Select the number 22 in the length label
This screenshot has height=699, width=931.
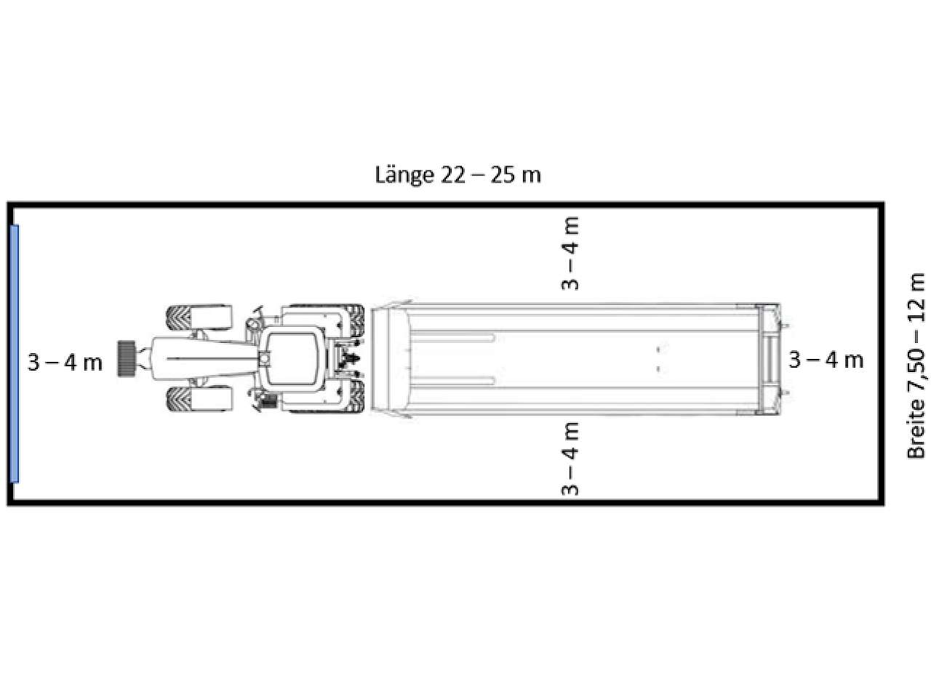click(x=453, y=175)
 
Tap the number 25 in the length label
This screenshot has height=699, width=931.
click(x=503, y=175)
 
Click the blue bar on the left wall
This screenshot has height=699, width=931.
click(x=15, y=354)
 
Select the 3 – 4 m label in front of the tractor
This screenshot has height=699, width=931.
click(x=65, y=363)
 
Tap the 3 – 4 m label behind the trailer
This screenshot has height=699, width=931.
click(x=826, y=360)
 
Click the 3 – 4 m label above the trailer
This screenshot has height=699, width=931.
click(x=570, y=253)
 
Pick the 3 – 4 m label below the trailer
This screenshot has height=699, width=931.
click(x=570, y=459)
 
